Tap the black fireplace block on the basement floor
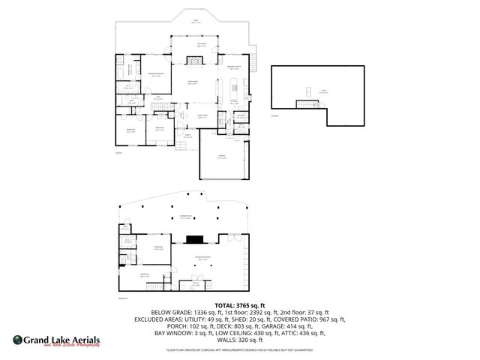click(x=195, y=241)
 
